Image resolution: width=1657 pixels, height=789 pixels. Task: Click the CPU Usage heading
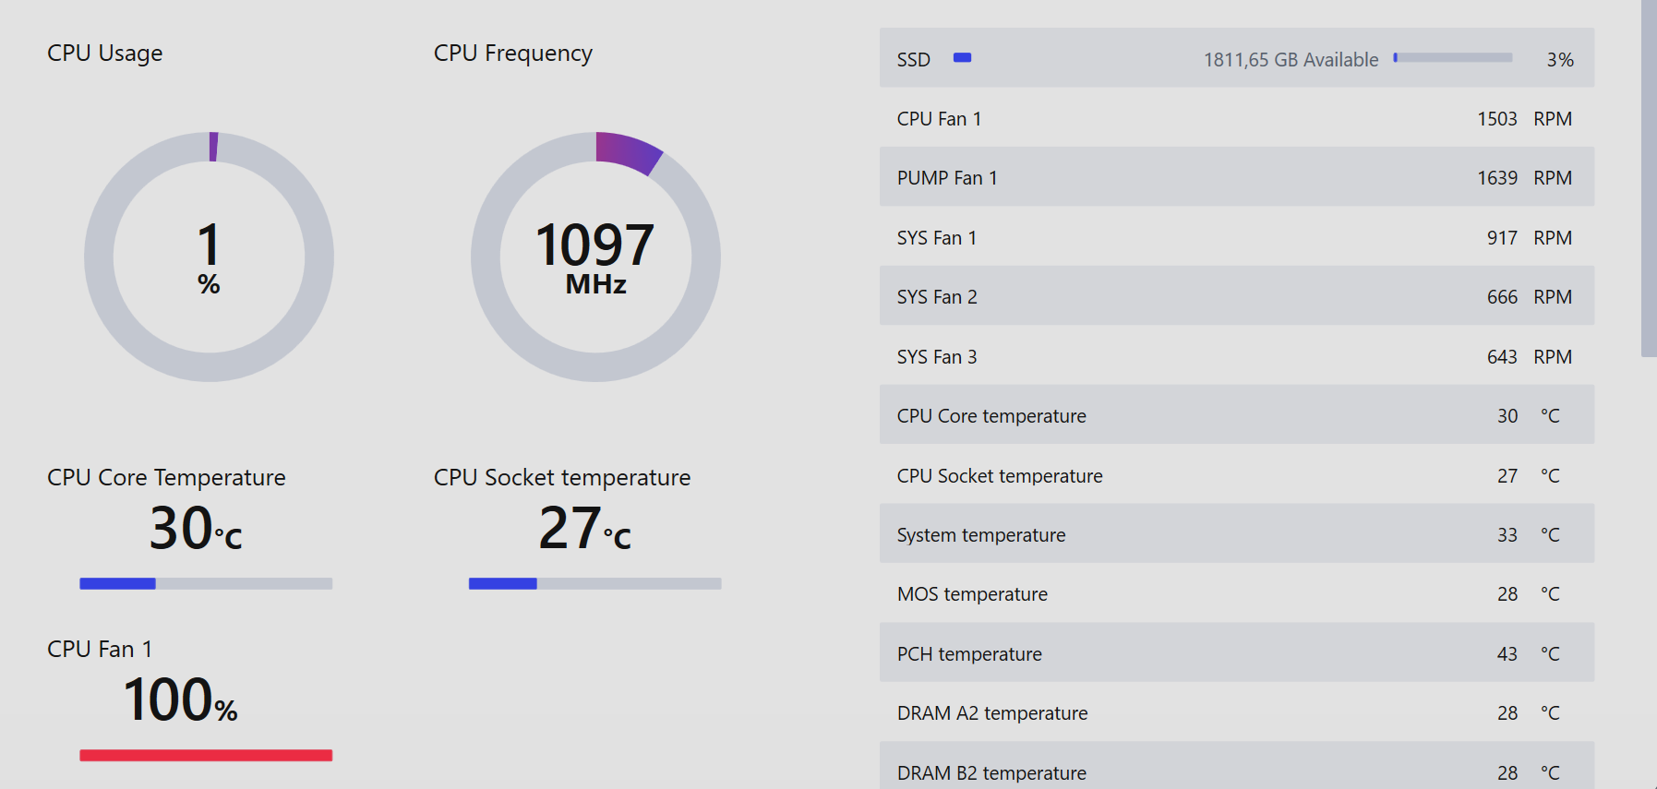tap(104, 54)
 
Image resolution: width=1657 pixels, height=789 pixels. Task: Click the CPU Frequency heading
tap(512, 54)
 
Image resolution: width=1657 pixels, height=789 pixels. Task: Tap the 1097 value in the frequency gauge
tap(594, 245)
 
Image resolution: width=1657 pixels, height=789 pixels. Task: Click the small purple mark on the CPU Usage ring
tap(213, 147)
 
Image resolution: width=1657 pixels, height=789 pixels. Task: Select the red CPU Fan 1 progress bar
tap(206, 755)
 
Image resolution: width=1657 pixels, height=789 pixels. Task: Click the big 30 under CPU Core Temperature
tap(182, 528)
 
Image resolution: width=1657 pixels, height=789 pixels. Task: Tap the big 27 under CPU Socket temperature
tap(570, 528)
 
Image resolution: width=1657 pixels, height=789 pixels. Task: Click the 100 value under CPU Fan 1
tap(168, 699)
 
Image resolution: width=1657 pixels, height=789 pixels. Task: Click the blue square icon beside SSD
tap(962, 57)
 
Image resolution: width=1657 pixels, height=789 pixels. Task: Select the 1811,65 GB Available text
tap(1291, 60)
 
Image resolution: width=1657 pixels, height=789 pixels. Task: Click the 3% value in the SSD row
tap(1560, 60)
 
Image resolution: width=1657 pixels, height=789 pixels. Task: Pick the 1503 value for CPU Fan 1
tap(1496, 119)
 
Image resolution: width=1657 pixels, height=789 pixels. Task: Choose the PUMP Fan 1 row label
tap(947, 178)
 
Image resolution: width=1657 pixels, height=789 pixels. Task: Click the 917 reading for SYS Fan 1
tap(1502, 238)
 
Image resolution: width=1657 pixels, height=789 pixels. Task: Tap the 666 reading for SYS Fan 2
tap(1502, 297)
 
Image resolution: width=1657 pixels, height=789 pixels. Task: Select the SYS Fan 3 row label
tap(937, 357)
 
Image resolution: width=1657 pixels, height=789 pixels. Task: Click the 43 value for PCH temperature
tap(1507, 654)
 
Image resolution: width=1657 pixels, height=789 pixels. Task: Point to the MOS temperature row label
tap(972, 594)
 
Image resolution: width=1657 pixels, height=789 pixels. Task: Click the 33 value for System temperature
tap(1507, 535)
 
